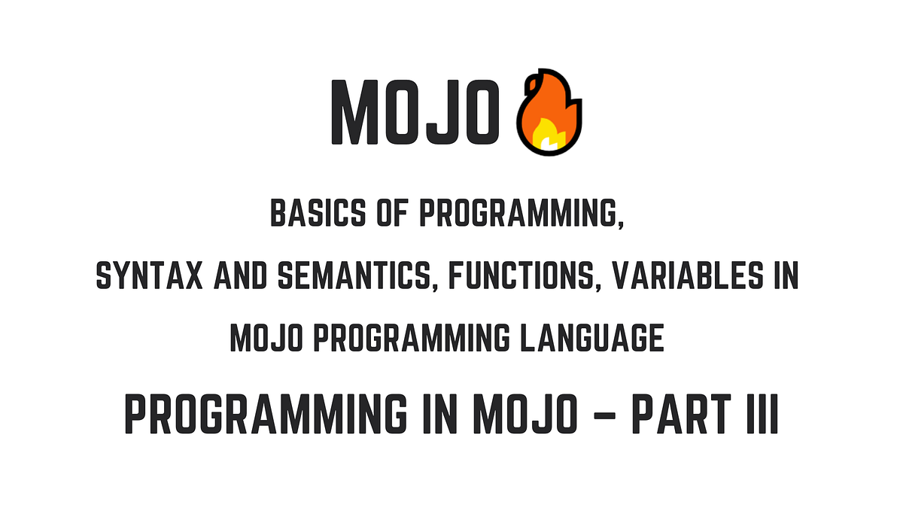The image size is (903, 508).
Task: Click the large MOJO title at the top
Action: pos(415,111)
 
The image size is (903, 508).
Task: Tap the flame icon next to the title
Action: pos(549,112)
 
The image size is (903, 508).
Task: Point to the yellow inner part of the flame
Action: pos(549,135)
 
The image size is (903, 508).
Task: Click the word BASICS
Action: pos(318,212)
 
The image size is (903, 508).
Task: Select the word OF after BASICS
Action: pos(393,212)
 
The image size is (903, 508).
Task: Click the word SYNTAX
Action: pos(149,275)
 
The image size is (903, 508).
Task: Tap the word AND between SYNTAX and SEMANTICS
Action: pos(240,275)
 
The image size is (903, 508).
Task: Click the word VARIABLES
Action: pos(687,275)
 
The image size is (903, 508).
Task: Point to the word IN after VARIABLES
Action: pos(786,275)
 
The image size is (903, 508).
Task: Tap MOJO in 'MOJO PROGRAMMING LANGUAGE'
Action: pos(266,338)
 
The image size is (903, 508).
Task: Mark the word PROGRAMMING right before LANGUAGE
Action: pos(412,338)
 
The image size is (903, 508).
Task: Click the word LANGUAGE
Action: pos(592,338)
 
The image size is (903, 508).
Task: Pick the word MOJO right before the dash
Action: pos(525,414)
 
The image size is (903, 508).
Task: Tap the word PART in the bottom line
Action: pos(681,414)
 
